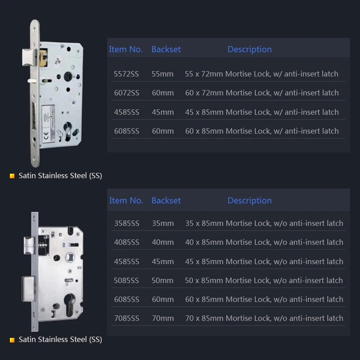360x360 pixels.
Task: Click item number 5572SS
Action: point(126,74)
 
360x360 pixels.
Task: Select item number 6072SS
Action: point(127,93)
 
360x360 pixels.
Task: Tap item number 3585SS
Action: point(127,223)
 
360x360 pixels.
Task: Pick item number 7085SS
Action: point(127,318)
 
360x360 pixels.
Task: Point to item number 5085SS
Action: point(126,280)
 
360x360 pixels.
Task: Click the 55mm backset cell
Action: point(162,74)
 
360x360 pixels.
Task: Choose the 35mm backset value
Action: point(163,223)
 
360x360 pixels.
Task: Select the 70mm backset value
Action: point(163,318)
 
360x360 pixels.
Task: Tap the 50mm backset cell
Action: point(162,280)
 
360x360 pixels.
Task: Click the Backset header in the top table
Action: point(166,49)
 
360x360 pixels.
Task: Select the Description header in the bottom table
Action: point(250,201)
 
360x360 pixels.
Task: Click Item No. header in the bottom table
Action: point(126,200)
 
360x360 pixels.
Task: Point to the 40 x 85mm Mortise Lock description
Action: point(264,242)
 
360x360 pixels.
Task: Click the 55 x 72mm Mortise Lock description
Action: point(261,74)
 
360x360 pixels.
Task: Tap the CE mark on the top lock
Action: point(46,135)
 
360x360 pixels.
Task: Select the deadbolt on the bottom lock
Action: point(28,288)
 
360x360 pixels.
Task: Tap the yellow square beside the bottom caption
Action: point(12,340)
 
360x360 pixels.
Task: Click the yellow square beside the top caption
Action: point(12,176)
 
